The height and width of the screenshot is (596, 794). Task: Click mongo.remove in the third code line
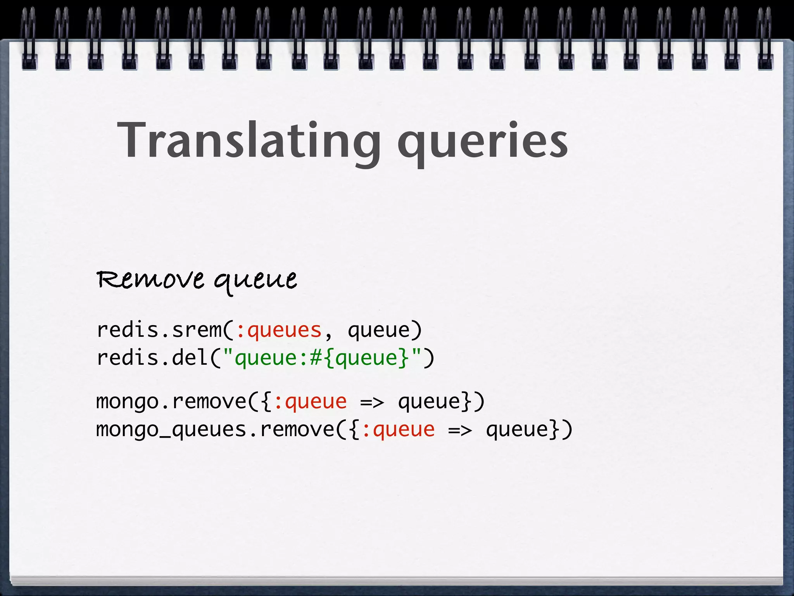tap(171, 402)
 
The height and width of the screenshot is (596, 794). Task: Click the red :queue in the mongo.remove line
tap(310, 402)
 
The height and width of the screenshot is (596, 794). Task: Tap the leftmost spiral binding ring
tap(29, 39)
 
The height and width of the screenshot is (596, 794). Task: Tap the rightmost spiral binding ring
tap(765, 39)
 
